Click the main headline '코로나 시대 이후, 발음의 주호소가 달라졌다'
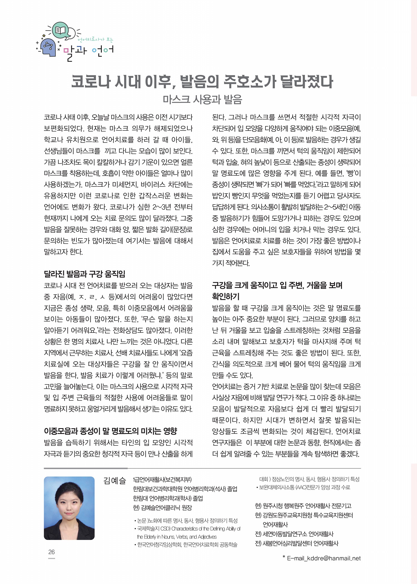coord(202,82)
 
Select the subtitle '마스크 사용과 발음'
coord(202,99)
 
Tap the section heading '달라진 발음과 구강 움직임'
coord(85,274)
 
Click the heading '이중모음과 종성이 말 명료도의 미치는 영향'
coord(110,431)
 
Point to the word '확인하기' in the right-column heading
coord(226,296)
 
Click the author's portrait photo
coord(69,508)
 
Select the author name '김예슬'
coord(115,480)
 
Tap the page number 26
coord(51,552)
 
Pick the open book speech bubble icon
coord(61,30)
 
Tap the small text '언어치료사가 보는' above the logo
coord(95,40)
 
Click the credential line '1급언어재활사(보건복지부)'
coord(162,480)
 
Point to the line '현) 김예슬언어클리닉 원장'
coord(162,508)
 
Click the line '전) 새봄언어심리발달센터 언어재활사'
coord(297,543)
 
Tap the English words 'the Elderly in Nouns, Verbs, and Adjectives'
coord(177,537)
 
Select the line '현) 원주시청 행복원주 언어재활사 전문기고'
coord(303,506)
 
